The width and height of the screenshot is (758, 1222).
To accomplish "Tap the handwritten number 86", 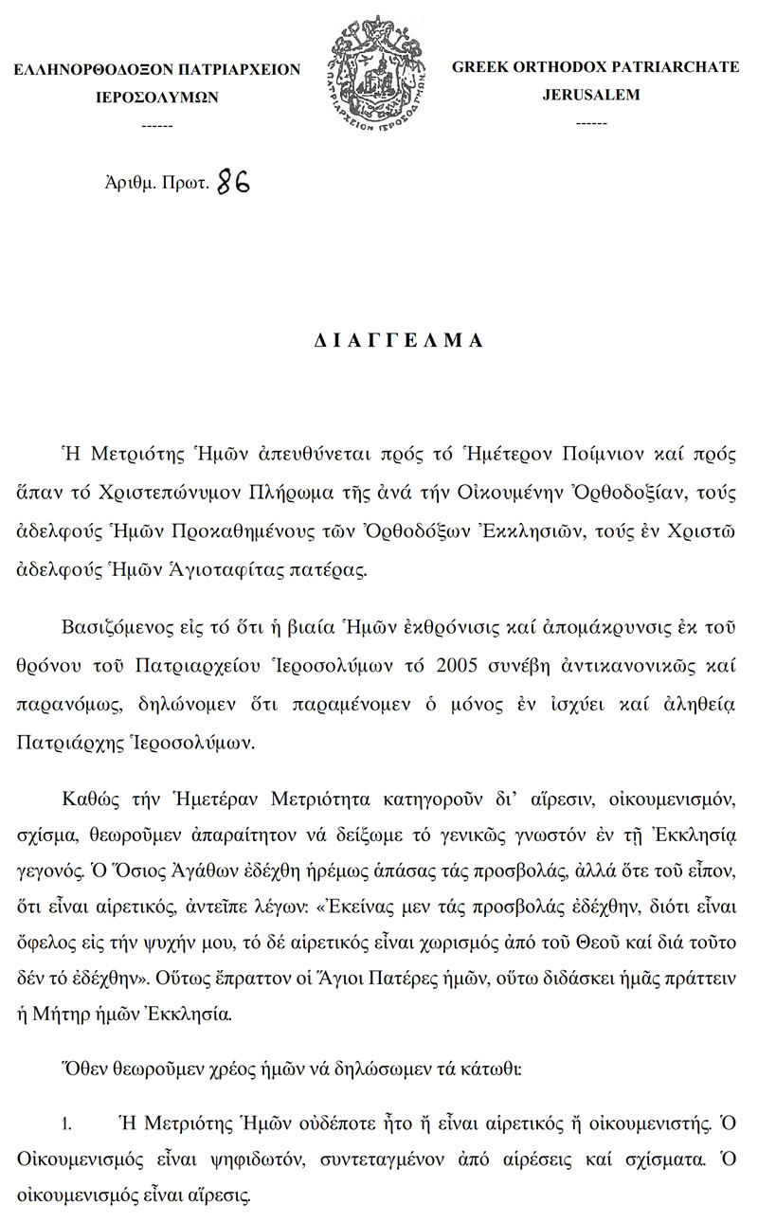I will [233, 182].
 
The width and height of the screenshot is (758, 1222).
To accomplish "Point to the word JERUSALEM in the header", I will [590, 95].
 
